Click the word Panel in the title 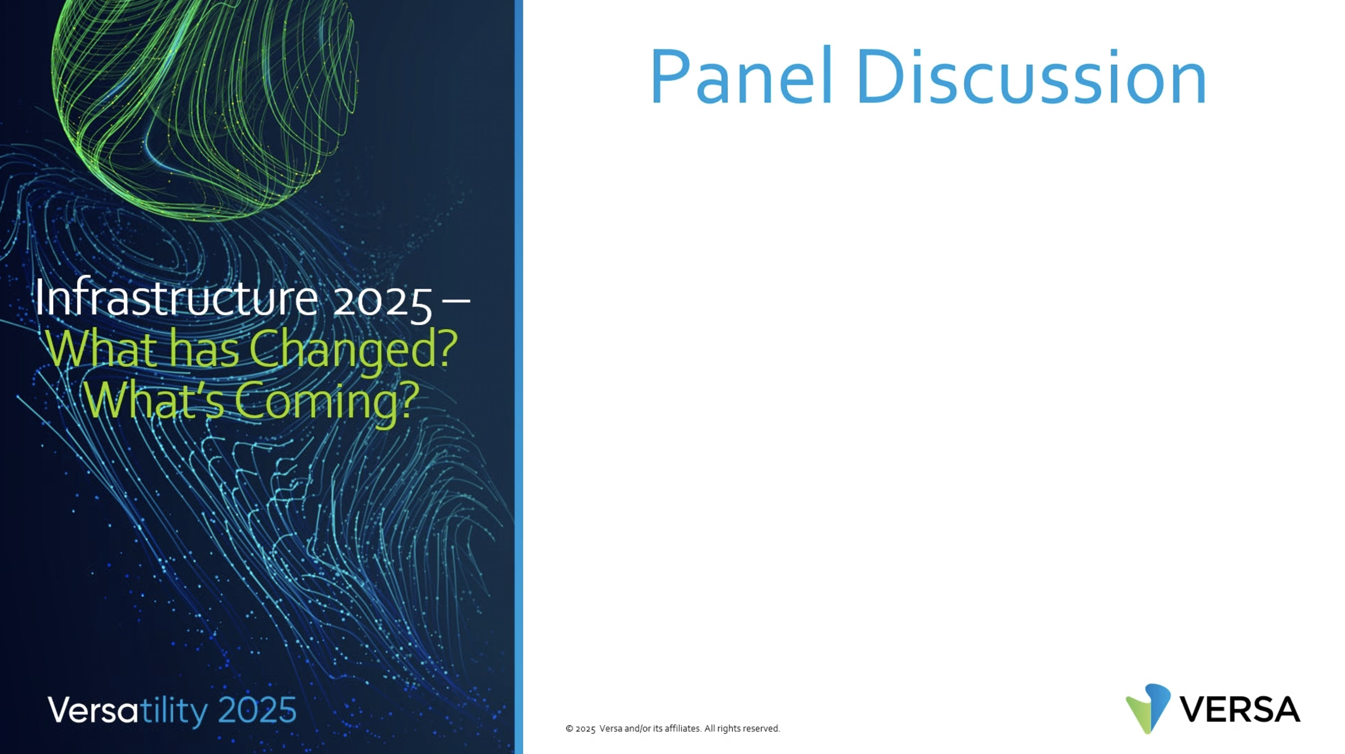click(741, 76)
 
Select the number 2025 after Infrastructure click(383, 302)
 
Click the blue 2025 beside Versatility click(257, 710)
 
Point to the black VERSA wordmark click(1240, 710)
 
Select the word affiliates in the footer click(682, 728)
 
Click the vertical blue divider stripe click(519, 377)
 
